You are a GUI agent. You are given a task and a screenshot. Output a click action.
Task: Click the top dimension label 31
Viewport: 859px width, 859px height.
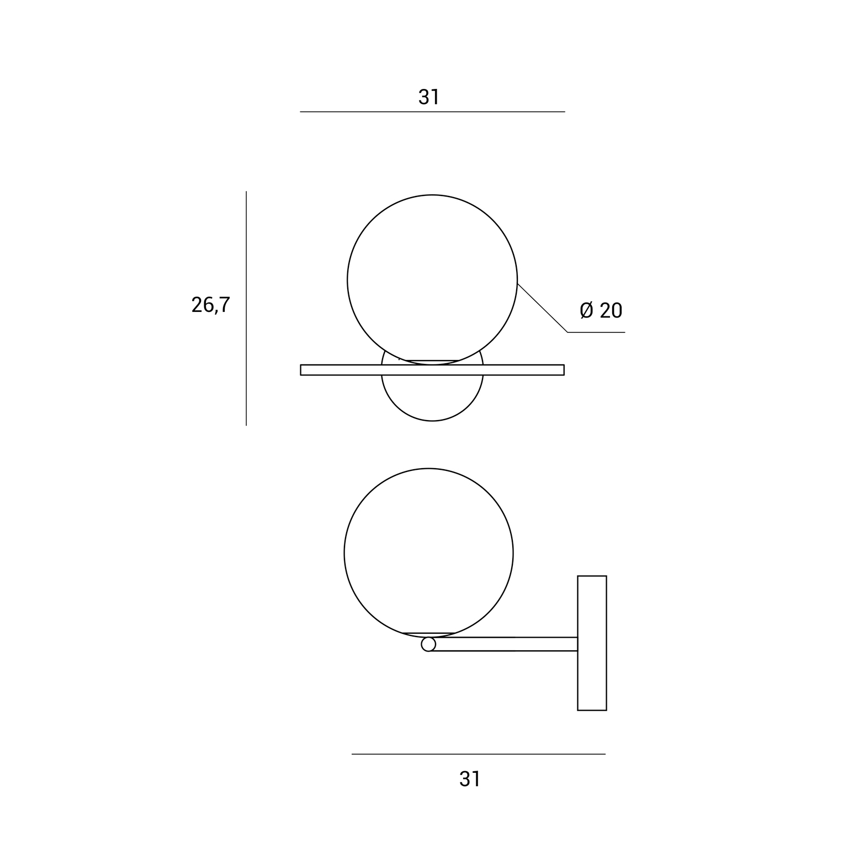coord(428,97)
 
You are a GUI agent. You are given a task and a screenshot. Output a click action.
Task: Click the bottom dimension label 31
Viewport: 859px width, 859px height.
coord(470,778)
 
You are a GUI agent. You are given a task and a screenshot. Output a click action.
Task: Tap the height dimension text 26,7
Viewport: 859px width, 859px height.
coord(210,305)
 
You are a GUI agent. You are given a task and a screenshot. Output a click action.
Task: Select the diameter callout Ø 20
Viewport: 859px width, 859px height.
coord(601,310)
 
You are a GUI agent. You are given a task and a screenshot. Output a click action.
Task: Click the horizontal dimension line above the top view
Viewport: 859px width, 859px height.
coord(432,112)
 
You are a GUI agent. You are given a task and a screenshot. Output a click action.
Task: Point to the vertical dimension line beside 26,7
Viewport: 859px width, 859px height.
coord(246,309)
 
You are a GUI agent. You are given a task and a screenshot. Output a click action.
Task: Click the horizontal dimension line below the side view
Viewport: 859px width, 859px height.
coord(479,754)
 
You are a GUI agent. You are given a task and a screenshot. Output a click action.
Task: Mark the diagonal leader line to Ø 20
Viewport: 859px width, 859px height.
coord(542,307)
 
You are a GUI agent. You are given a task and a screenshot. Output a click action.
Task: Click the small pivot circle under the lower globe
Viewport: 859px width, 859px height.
coord(428,644)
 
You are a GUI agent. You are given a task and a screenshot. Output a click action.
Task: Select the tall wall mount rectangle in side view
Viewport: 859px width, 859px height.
coord(592,643)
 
